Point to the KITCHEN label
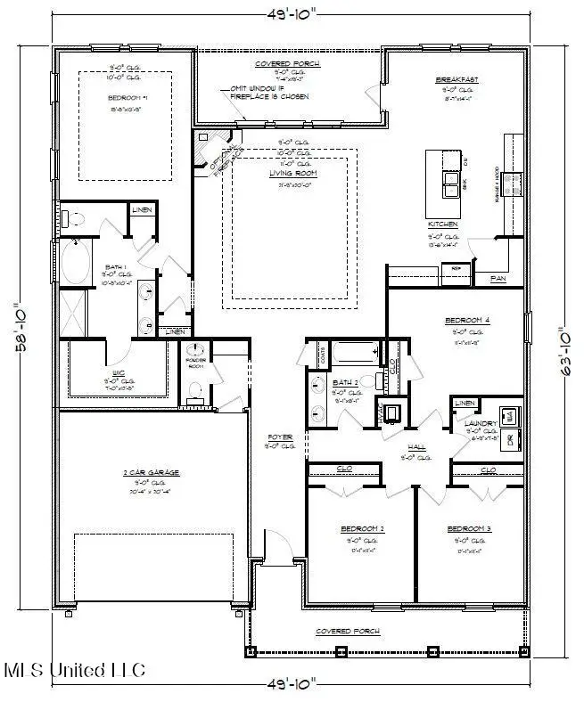point(442,224)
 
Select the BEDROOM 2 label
point(362,529)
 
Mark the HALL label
point(415,448)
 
